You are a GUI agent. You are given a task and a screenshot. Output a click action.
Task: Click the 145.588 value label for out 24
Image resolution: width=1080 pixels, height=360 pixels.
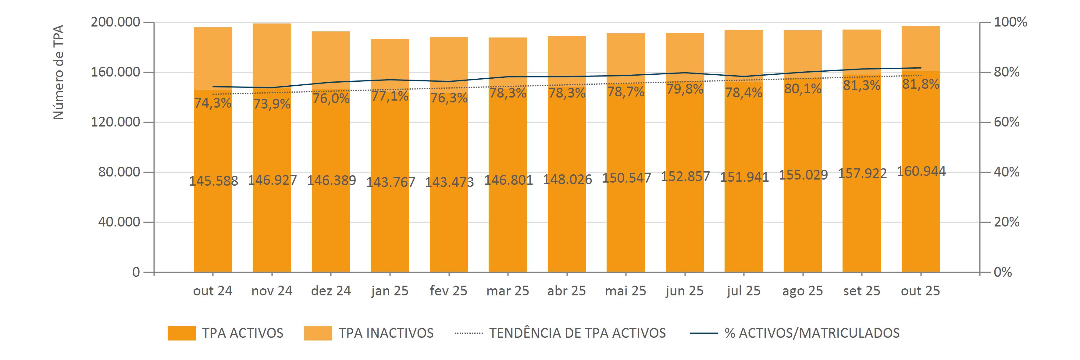213,181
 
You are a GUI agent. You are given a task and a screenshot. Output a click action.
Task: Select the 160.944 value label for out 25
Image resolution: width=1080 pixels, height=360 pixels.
921,171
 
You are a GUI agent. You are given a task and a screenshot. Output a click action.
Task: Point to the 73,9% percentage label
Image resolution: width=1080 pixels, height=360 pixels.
272,104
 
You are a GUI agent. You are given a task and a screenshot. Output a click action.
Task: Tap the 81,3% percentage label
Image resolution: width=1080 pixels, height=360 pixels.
861,85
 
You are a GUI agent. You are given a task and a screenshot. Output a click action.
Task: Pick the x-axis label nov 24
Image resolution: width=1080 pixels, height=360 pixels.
272,291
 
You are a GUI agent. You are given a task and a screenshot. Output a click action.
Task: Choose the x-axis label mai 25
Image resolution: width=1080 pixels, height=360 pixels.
626,291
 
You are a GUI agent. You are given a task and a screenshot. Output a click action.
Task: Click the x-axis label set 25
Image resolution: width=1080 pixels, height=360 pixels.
861,291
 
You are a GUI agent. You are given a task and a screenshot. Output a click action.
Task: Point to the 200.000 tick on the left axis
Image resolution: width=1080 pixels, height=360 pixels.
115,22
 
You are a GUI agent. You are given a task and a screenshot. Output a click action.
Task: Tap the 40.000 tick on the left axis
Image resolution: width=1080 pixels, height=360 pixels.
119,222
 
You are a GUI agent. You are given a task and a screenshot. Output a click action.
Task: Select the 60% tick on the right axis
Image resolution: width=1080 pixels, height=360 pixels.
1007,122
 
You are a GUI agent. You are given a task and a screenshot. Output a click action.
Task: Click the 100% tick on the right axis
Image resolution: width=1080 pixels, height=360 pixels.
1010,22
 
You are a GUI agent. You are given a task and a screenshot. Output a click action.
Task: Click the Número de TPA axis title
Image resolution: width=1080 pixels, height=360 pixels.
59,72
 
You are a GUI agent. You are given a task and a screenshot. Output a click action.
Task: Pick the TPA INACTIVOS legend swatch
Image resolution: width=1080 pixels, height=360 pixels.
318,333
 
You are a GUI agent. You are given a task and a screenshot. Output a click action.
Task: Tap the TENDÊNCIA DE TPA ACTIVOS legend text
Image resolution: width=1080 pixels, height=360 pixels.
577,333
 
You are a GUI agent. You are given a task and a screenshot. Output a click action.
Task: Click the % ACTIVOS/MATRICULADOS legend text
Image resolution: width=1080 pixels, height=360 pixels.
812,333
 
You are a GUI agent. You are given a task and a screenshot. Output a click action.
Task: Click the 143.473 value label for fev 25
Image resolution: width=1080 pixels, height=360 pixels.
449,182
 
